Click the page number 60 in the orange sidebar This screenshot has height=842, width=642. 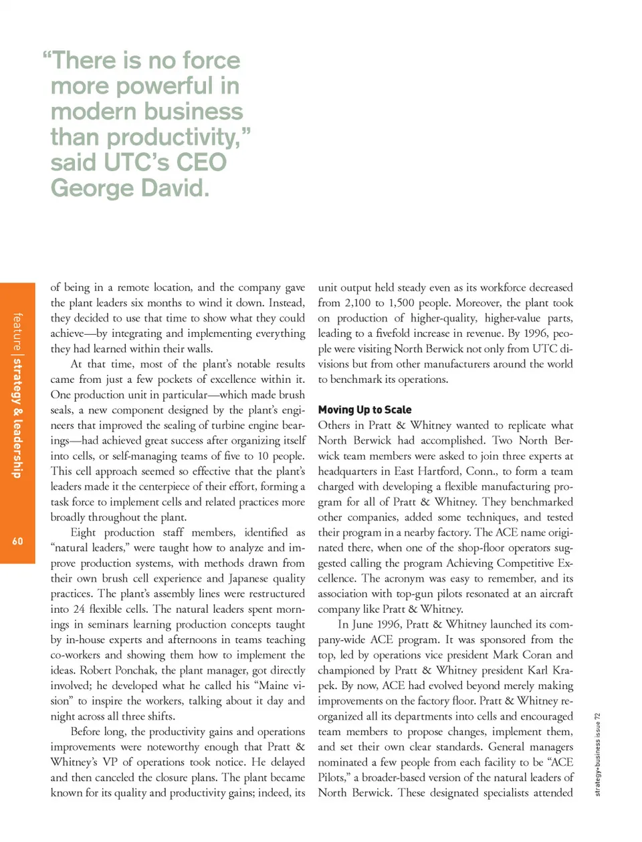click(17, 541)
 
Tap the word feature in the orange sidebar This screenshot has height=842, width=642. click(17, 332)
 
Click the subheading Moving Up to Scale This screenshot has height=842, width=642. click(364, 410)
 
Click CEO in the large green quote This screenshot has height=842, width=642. click(201, 162)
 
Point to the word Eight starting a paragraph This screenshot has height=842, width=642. click(83, 533)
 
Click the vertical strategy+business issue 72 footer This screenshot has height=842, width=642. click(597, 754)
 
